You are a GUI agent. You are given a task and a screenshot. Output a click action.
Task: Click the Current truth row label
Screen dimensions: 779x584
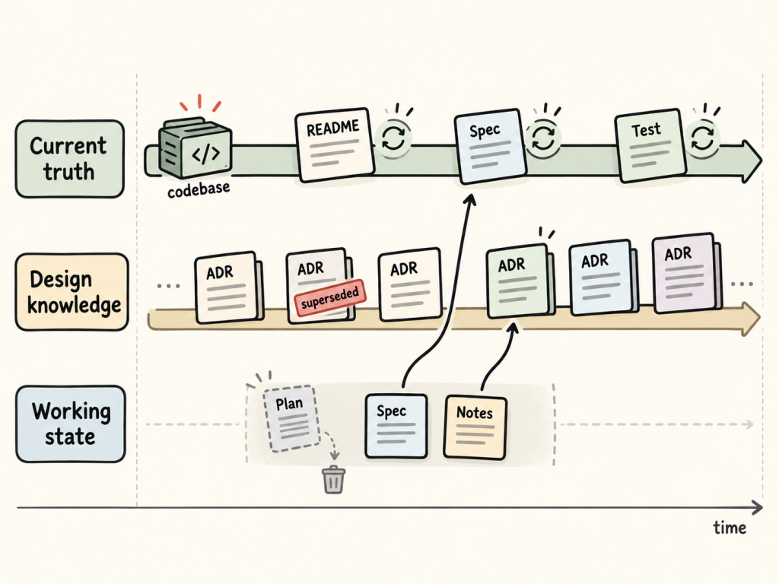coord(69,159)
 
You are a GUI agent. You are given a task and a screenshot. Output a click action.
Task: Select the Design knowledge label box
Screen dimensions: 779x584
coord(72,292)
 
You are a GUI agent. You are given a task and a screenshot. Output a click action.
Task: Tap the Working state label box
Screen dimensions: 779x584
coord(71,424)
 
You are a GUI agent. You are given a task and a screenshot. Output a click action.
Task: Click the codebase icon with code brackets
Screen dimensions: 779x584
coord(196,148)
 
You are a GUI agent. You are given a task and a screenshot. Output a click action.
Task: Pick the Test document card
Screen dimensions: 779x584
coord(650,145)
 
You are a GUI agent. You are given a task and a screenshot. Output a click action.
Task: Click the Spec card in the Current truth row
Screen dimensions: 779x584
coord(490,146)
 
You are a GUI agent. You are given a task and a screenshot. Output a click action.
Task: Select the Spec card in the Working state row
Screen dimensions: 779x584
coord(396,426)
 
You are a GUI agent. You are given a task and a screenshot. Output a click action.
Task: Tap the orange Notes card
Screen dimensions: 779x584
coord(475,427)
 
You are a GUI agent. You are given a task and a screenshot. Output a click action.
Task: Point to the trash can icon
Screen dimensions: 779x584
coord(334,480)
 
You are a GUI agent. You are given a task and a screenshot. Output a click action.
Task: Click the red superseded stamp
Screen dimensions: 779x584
coord(330,298)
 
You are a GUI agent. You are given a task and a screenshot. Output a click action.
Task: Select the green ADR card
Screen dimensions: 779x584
coord(520,281)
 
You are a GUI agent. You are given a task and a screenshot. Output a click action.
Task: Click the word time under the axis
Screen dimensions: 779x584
coord(730,528)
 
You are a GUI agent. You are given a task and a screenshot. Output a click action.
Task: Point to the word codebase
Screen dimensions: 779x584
coord(199,189)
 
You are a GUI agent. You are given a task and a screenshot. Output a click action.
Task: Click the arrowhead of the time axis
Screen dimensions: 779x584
coord(757,507)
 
